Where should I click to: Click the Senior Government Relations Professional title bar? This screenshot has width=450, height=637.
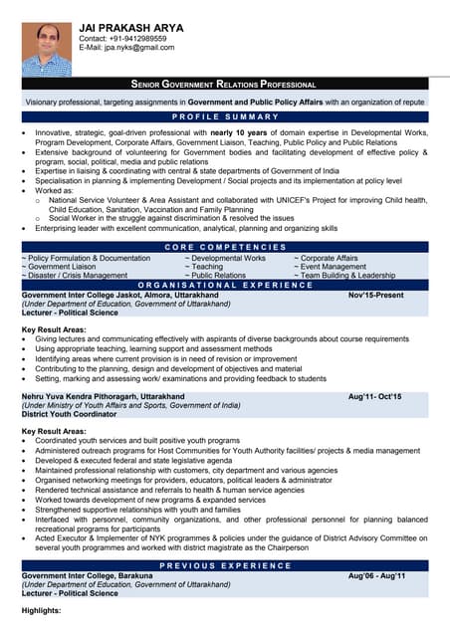pos(224,85)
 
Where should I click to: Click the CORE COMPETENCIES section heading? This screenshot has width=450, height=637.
pos(224,247)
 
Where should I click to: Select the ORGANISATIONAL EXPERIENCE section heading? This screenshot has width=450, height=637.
pos(224,285)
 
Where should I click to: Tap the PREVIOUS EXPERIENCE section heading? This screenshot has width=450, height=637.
pos(224,565)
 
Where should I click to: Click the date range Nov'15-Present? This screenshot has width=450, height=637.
pos(375,296)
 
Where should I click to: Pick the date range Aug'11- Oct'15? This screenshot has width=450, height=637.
pos(374,397)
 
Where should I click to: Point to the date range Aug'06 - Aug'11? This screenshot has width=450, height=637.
pos(376,576)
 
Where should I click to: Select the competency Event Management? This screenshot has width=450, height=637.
pos(333,267)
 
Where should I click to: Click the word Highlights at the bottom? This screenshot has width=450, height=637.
pos(42,610)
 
